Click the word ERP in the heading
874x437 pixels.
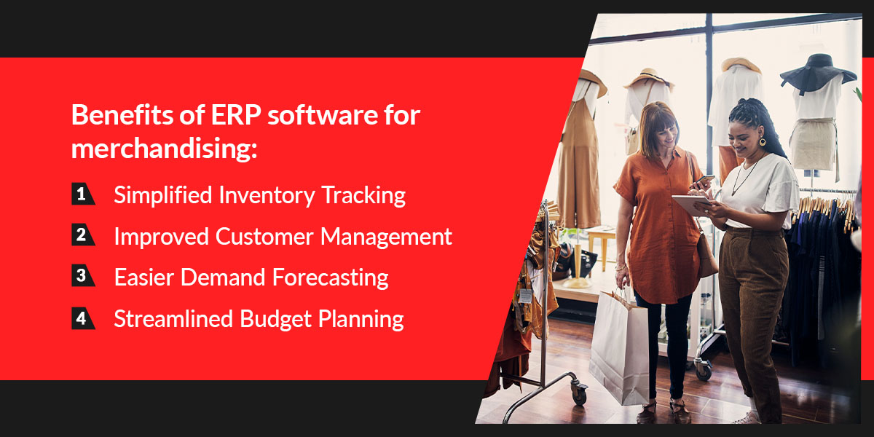pyautogui.click(x=236, y=115)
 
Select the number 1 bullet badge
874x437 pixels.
pyautogui.click(x=83, y=194)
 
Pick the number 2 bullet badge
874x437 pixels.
pyautogui.click(x=83, y=235)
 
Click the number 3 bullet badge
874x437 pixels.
pyautogui.click(x=83, y=275)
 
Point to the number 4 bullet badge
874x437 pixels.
pyautogui.click(x=83, y=318)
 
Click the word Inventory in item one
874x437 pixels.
pyautogui.click(x=267, y=195)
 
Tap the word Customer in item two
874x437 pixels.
pyautogui.click(x=264, y=237)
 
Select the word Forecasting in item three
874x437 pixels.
pyautogui.click(x=331, y=278)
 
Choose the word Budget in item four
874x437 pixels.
pyautogui.click(x=275, y=319)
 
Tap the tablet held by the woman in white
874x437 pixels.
pyautogui.click(x=691, y=205)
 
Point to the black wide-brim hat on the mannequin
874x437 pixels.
pyautogui.click(x=818, y=72)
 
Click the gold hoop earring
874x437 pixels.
pyautogui.click(x=762, y=141)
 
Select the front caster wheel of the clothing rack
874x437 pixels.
pyautogui.click(x=578, y=394)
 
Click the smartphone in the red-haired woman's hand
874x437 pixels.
pyautogui.click(x=704, y=180)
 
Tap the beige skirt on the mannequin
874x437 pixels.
pyautogui.click(x=813, y=144)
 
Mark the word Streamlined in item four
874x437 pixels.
pyautogui.click(x=173, y=319)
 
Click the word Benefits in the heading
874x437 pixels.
pyautogui.click(x=122, y=115)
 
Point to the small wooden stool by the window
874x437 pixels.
pyautogui.click(x=601, y=250)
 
